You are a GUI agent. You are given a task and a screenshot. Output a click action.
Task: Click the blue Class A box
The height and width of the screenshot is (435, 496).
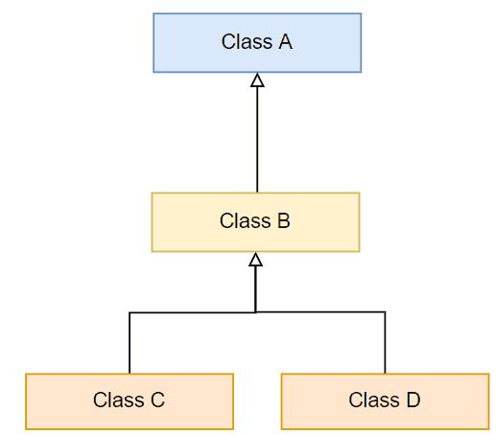[257, 42]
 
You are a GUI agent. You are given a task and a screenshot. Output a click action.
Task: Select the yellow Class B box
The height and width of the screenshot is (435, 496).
[255, 221]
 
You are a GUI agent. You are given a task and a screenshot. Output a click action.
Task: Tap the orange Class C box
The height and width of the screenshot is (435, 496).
[130, 401]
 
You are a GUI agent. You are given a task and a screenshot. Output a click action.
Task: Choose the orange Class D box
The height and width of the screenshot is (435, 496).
[385, 401]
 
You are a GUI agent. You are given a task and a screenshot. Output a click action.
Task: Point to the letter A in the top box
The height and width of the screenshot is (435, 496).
[285, 42]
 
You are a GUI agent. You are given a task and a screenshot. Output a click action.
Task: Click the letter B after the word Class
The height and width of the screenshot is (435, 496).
[283, 221]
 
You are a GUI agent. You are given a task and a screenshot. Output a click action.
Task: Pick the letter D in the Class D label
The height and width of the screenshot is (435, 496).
[413, 401]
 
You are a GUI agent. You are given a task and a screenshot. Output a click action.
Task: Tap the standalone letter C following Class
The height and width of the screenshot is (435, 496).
[157, 401]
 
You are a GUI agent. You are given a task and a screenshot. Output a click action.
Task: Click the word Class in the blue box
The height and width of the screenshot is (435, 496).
[245, 42]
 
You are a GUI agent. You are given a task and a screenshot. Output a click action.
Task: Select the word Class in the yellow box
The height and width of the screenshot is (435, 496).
[243, 221]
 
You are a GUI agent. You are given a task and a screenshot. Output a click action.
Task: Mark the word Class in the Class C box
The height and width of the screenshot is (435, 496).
[117, 401]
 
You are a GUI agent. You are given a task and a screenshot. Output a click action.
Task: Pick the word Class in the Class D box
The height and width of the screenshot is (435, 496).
[372, 401]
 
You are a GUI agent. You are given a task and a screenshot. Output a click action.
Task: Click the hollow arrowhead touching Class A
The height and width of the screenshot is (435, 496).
[257, 80]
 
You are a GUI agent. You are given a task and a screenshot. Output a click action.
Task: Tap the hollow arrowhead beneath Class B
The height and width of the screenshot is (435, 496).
[255, 260]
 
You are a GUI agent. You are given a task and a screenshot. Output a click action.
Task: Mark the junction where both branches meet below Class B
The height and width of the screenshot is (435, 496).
[255, 312]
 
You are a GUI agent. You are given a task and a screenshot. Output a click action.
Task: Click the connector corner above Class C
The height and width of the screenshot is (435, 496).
[130, 312]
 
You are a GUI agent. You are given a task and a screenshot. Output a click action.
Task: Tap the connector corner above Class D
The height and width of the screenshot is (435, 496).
[385, 312]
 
